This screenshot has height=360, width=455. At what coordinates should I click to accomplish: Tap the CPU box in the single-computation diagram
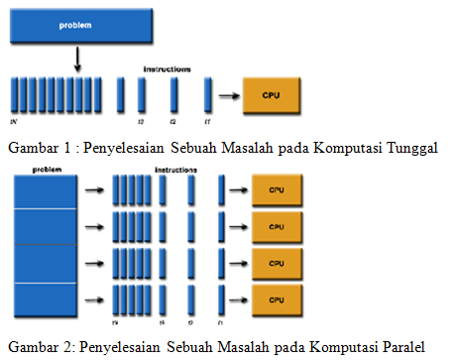(271, 95)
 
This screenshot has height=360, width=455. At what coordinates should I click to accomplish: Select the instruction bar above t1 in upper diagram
(208, 95)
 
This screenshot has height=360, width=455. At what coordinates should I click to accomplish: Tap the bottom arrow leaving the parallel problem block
(93, 298)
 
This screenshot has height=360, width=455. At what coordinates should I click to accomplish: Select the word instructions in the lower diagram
(175, 172)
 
